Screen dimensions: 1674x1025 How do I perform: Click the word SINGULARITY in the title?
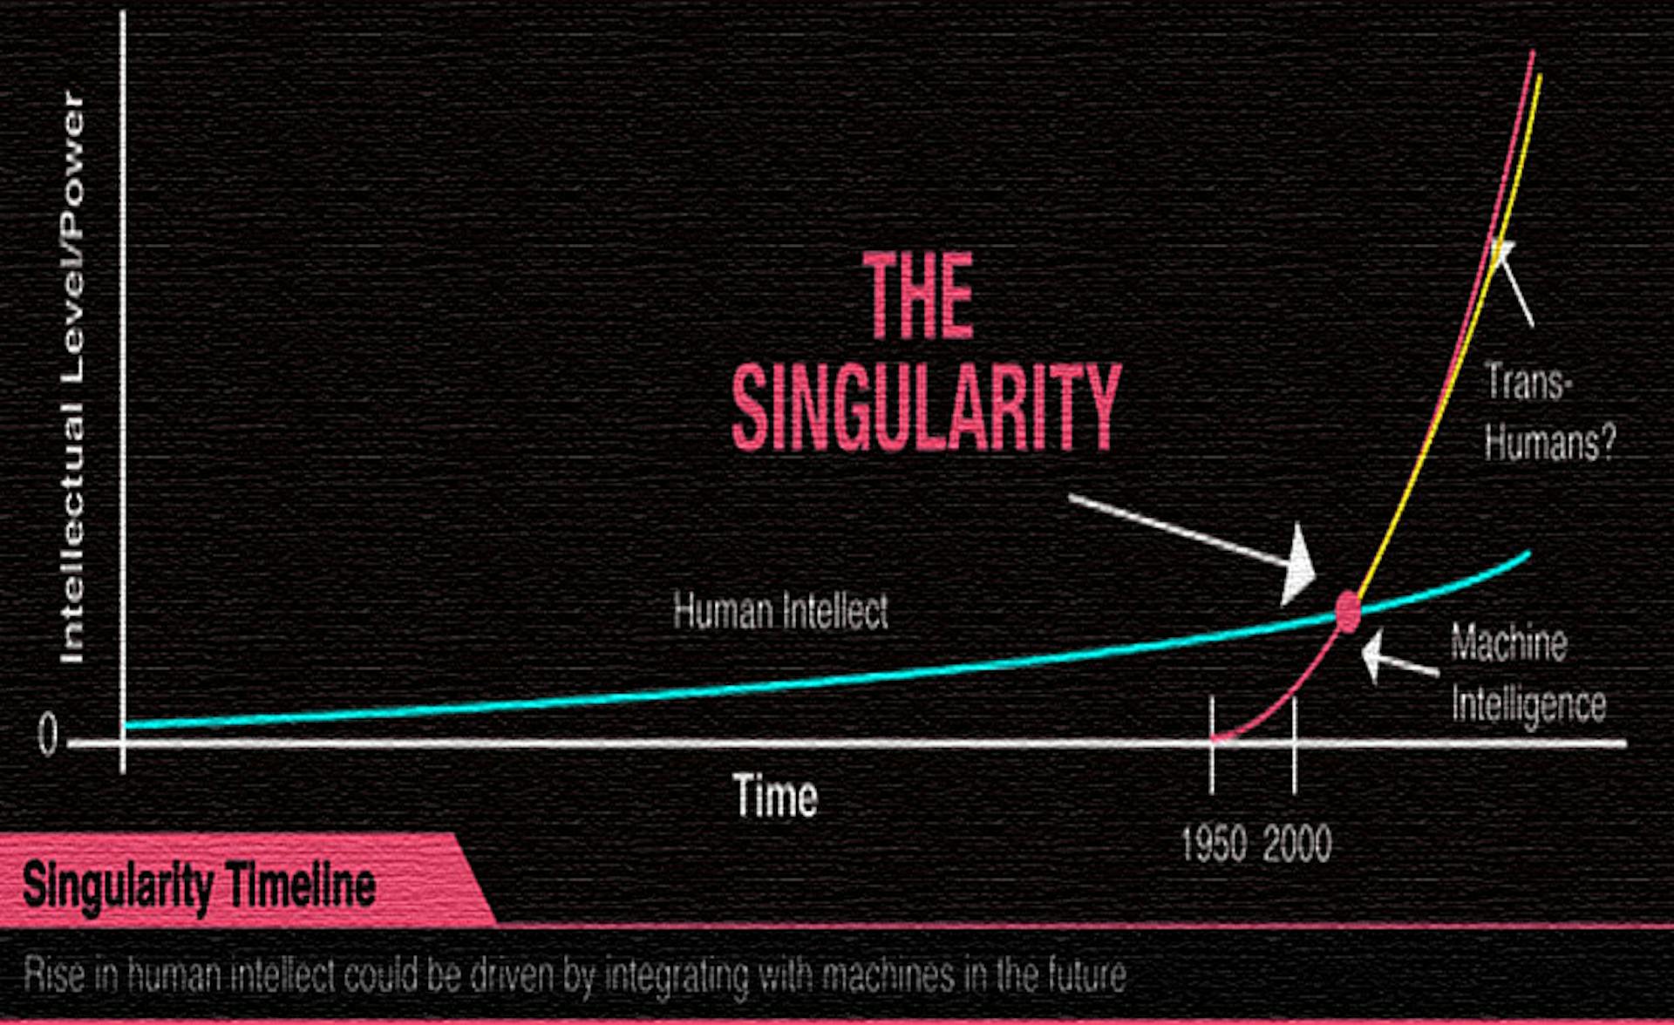tap(925, 407)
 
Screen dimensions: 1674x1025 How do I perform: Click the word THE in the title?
tap(919, 295)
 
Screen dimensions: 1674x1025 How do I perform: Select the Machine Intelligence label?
tap(1528, 672)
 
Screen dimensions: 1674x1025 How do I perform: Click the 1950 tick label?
tap(1213, 844)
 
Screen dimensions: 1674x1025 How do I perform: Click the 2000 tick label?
tap(1296, 844)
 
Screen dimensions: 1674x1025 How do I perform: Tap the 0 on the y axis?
tap(47, 734)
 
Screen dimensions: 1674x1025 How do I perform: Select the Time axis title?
tap(776, 795)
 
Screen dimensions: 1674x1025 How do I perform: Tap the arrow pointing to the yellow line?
tap(1514, 283)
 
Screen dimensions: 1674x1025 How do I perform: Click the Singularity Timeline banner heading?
tap(200, 886)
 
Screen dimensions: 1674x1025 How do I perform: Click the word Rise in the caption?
tap(54, 974)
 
